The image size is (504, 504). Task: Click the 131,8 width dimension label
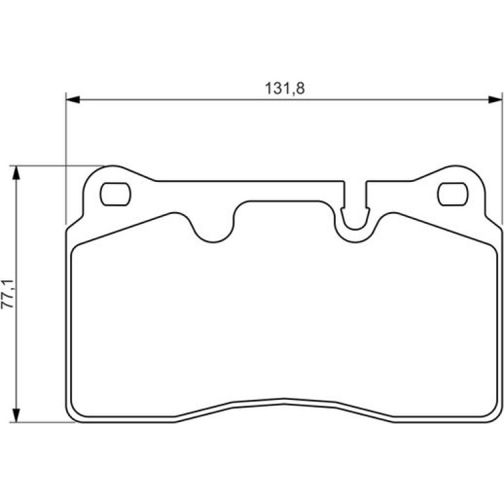coord(285,88)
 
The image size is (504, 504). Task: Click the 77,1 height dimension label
coord(8,294)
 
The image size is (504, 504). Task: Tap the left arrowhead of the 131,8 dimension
coord(73,99)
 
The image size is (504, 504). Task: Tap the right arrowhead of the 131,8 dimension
coord(495,99)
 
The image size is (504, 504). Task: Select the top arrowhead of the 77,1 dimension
coord(16,173)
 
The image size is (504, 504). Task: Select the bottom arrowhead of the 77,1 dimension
coord(16,415)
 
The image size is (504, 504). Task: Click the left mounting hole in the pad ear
coord(115,194)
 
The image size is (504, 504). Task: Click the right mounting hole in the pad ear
coord(452,194)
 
